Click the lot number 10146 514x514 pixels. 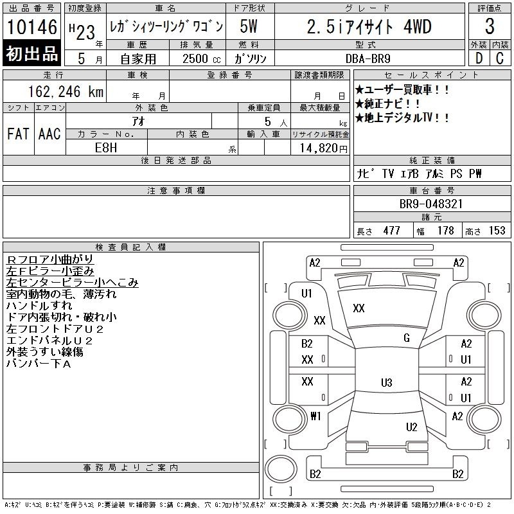pos(31,27)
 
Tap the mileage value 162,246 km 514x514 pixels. pos(66,92)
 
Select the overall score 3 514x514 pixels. pos(490,26)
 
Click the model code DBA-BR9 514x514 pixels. pos(368,58)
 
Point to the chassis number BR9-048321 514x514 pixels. pos(430,204)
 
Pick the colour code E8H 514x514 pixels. pos(106,148)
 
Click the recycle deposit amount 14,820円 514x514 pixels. pos(324,148)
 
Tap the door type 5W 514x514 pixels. pos(249,26)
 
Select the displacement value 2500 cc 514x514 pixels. pos(201,59)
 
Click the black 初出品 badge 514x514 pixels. pos(31,53)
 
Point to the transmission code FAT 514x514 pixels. pos(18,134)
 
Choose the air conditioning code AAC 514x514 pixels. pos(49,134)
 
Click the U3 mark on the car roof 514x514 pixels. pos(387,382)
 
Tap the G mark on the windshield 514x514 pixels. pos(407,338)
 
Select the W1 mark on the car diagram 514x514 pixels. pos(315,416)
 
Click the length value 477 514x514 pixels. pos(391,231)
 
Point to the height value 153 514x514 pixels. pos(497,231)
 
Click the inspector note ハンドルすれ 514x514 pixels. pos(39,306)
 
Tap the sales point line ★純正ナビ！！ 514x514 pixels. pos(387,103)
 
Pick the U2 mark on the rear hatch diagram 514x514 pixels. pos(411,427)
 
